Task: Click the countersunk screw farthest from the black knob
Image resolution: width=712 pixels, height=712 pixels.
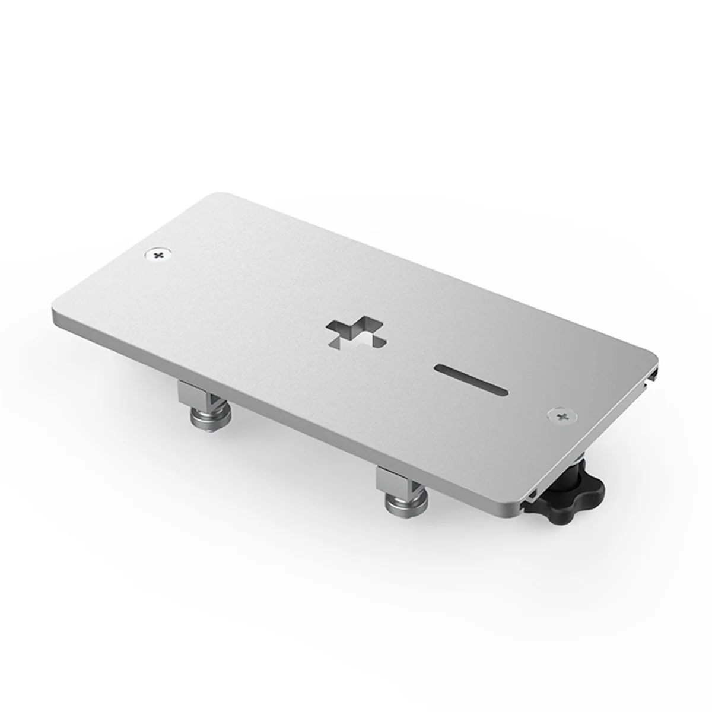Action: tap(157, 255)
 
